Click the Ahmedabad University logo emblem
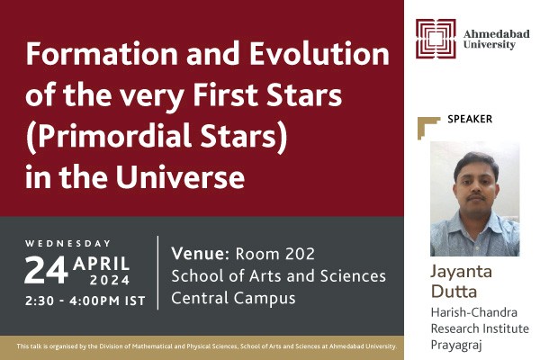[436, 38]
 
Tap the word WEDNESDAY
[68, 243]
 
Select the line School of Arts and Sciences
[278, 275]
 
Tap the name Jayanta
[471, 271]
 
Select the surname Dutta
[461, 292]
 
